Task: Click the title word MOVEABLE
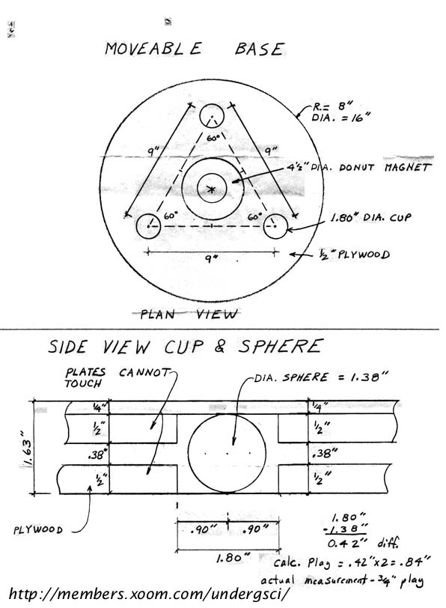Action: pyautogui.click(x=153, y=49)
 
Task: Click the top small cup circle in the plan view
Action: pyautogui.click(x=212, y=105)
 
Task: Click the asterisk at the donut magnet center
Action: pyautogui.click(x=211, y=189)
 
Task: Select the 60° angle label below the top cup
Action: pyautogui.click(x=213, y=138)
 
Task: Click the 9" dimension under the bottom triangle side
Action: pyautogui.click(x=210, y=258)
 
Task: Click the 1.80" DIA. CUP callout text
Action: pyautogui.click(x=370, y=218)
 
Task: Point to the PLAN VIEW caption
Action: pyautogui.click(x=189, y=314)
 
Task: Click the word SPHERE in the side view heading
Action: pyautogui.click(x=280, y=346)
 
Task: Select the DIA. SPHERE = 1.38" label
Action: pyautogui.click(x=321, y=377)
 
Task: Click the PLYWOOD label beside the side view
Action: pyautogui.click(x=37, y=529)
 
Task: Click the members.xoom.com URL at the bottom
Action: pyautogui.click(x=149, y=594)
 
